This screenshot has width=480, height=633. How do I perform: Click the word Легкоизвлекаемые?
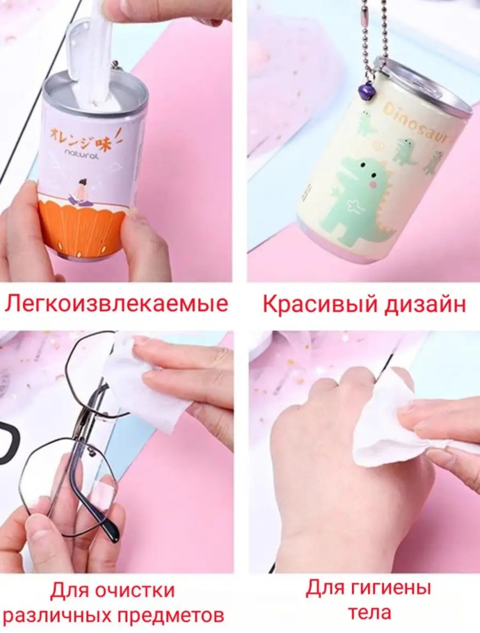[x=116, y=304]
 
